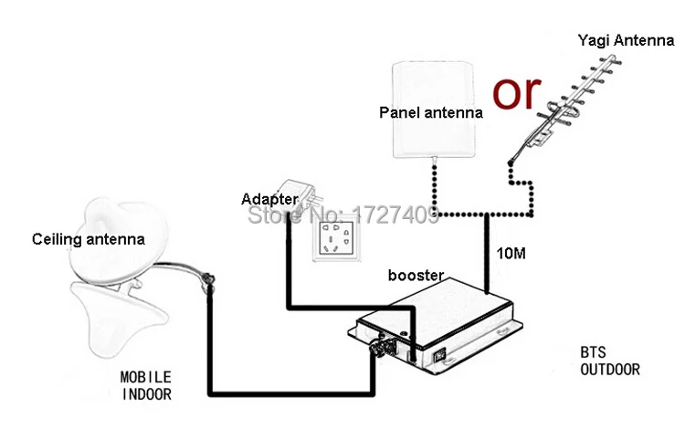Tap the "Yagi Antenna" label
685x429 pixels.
[x=626, y=40]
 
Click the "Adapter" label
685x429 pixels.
[x=269, y=198]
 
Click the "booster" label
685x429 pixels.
[x=416, y=274]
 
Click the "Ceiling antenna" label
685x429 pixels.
[x=88, y=240]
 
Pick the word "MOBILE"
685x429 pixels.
[x=145, y=376]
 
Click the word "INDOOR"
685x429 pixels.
[x=145, y=393]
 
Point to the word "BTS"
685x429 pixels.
[x=592, y=352]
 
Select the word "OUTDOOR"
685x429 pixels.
[x=609, y=370]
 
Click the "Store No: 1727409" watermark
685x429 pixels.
[x=357, y=215]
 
